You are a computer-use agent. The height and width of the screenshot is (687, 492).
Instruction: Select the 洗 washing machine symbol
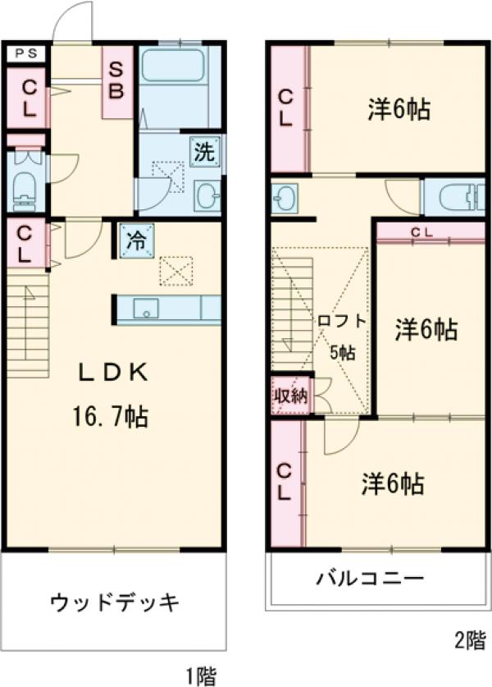[206, 151]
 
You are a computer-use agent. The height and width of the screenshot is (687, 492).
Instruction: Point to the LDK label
[112, 373]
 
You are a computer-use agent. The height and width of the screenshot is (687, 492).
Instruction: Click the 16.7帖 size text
[112, 417]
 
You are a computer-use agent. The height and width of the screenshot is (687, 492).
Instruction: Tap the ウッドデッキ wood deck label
[114, 603]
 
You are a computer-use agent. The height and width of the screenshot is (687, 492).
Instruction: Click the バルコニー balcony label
[371, 579]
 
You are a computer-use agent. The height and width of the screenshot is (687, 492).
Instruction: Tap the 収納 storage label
[289, 394]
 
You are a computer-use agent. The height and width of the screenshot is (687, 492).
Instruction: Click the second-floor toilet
[452, 197]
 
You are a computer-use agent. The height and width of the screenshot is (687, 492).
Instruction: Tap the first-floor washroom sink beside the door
[208, 195]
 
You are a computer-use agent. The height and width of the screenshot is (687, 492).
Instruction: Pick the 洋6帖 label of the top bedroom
[398, 110]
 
